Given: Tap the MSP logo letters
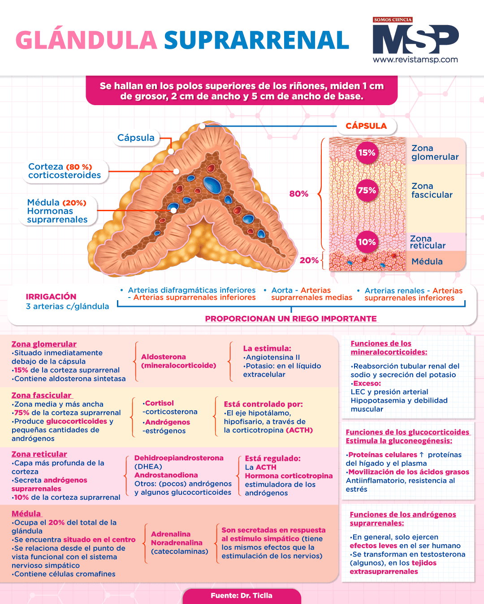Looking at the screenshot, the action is (x=416, y=39).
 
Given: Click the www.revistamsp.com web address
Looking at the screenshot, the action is (x=415, y=60).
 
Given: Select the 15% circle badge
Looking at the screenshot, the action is (x=367, y=153).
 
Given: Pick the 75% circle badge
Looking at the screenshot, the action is (x=367, y=190).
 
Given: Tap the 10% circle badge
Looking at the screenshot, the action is (x=367, y=242).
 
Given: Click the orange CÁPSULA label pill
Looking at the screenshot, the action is (x=366, y=126).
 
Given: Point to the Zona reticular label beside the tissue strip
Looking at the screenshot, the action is (x=428, y=242).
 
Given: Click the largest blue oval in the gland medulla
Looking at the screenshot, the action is (x=212, y=185).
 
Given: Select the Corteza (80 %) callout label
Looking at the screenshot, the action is (x=65, y=171).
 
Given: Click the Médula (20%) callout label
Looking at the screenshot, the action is (x=57, y=211).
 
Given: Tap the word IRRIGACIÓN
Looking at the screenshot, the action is (x=51, y=297).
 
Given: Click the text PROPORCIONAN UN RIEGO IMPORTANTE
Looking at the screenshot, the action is (x=291, y=319).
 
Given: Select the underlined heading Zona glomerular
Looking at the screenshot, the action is (x=44, y=344).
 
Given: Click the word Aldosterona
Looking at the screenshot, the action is (x=164, y=357).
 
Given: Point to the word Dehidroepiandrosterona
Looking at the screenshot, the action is (x=179, y=458).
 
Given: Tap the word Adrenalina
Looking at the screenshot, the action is (x=171, y=534).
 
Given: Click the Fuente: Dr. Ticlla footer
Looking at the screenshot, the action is (x=242, y=595).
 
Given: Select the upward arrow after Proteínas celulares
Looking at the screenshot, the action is (x=421, y=455).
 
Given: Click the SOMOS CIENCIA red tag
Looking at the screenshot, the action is (x=393, y=20).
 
